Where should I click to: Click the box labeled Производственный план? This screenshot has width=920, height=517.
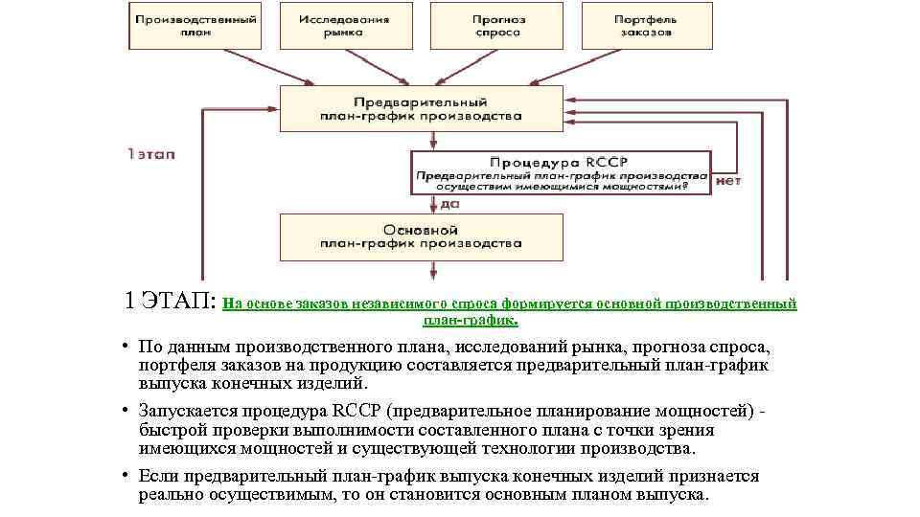(195, 26)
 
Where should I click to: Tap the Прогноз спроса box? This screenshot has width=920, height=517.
(496, 26)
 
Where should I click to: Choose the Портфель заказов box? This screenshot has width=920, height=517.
(647, 26)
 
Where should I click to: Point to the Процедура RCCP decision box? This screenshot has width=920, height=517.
(559, 173)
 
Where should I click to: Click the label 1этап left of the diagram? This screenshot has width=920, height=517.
(150, 153)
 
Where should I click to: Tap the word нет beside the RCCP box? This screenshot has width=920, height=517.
(728, 180)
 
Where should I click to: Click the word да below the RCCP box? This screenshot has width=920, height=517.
(449, 203)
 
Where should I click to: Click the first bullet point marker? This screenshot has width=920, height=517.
(126, 346)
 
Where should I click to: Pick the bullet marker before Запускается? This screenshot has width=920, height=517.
(126, 411)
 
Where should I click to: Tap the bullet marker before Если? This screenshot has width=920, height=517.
(126, 476)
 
